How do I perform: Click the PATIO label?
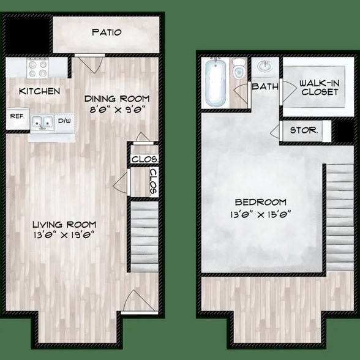(107, 32)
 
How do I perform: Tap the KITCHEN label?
(40, 91)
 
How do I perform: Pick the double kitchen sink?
(42, 122)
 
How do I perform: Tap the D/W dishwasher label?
(64, 121)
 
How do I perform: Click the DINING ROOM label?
(116, 99)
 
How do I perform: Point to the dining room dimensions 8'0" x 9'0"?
(116, 111)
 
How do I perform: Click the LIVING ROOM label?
(64, 224)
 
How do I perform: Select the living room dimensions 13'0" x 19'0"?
(64, 236)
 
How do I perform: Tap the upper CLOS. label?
(145, 159)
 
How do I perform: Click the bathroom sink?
(265, 66)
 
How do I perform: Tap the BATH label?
(264, 86)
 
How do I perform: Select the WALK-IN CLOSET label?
(319, 87)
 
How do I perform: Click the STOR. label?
(304, 130)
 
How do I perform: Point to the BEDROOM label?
(261, 202)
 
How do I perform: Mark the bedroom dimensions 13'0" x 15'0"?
(261, 214)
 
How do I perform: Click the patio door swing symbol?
(86, 64)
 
